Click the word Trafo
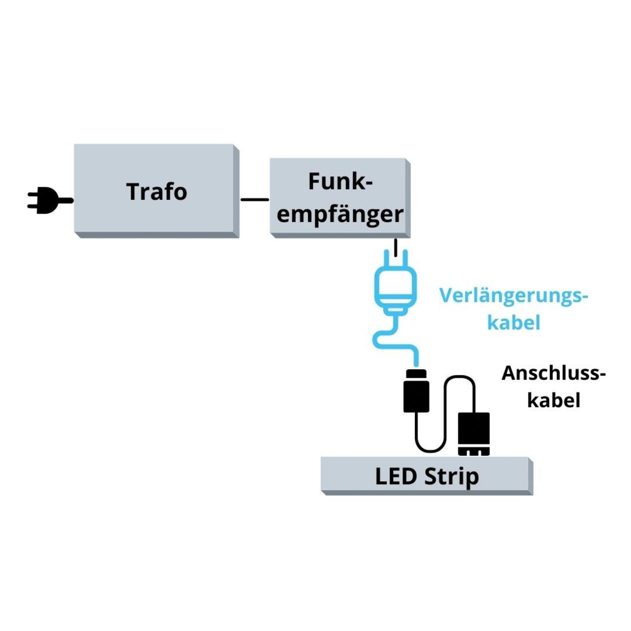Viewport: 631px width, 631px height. [x=157, y=191]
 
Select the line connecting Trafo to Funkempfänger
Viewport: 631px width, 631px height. [x=255, y=199]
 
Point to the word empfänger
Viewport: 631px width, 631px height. [x=340, y=215]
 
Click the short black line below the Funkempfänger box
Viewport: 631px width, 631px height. [x=395, y=246]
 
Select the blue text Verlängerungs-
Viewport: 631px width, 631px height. [x=514, y=296]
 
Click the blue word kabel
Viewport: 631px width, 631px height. [x=514, y=322]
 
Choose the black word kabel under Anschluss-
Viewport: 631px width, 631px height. [x=554, y=400]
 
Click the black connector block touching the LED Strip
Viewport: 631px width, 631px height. [x=474, y=433]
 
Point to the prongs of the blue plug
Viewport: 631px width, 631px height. [x=395, y=260]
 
